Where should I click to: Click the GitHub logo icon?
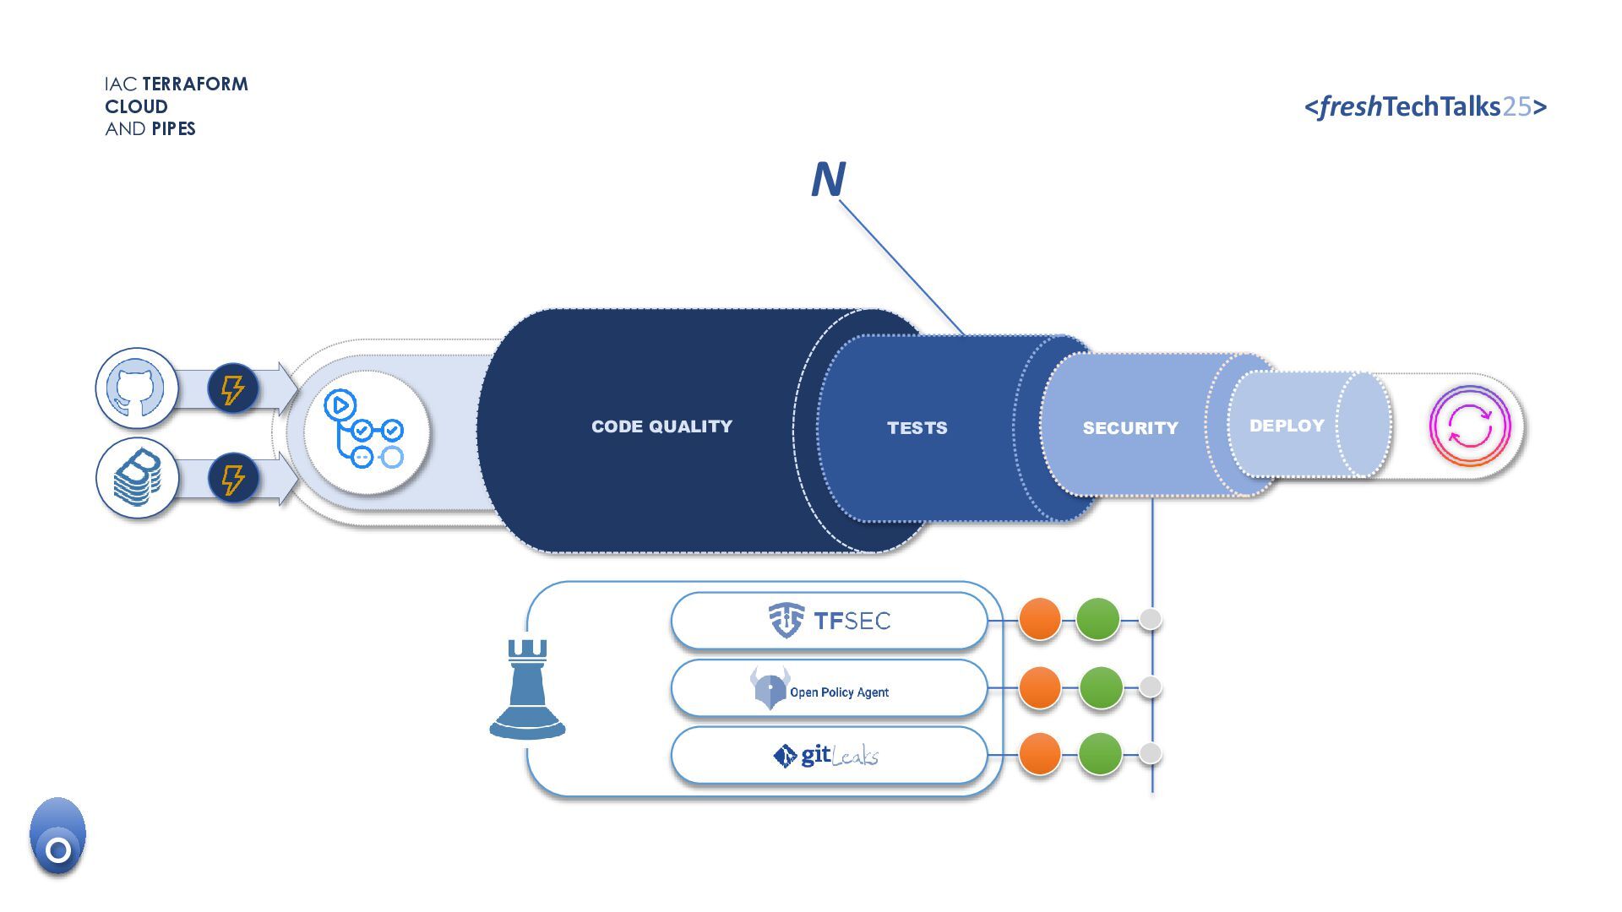pos(136,388)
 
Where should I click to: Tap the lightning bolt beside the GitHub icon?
pos(232,388)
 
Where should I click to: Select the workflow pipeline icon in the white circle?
pos(366,430)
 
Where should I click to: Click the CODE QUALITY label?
pos(661,426)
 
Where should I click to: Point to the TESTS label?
pos(917,428)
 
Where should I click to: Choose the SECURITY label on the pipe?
pos(1129,428)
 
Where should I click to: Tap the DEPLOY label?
pos(1286,426)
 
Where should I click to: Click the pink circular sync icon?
pos(1469,426)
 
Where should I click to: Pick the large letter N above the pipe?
pos(828,179)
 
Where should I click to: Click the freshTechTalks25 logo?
pos(1425,106)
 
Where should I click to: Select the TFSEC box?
pos(829,621)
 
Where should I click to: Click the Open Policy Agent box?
pos(829,688)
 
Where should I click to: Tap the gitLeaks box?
pos(829,755)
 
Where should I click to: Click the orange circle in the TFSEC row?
pos(1040,620)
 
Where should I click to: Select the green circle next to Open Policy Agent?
pos(1101,687)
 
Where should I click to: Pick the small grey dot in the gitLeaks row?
pos(1150,753)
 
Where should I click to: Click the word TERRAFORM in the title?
pos(195,84)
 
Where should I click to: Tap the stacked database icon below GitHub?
pos(137,478)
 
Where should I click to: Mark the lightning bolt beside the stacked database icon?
pos(232,479)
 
